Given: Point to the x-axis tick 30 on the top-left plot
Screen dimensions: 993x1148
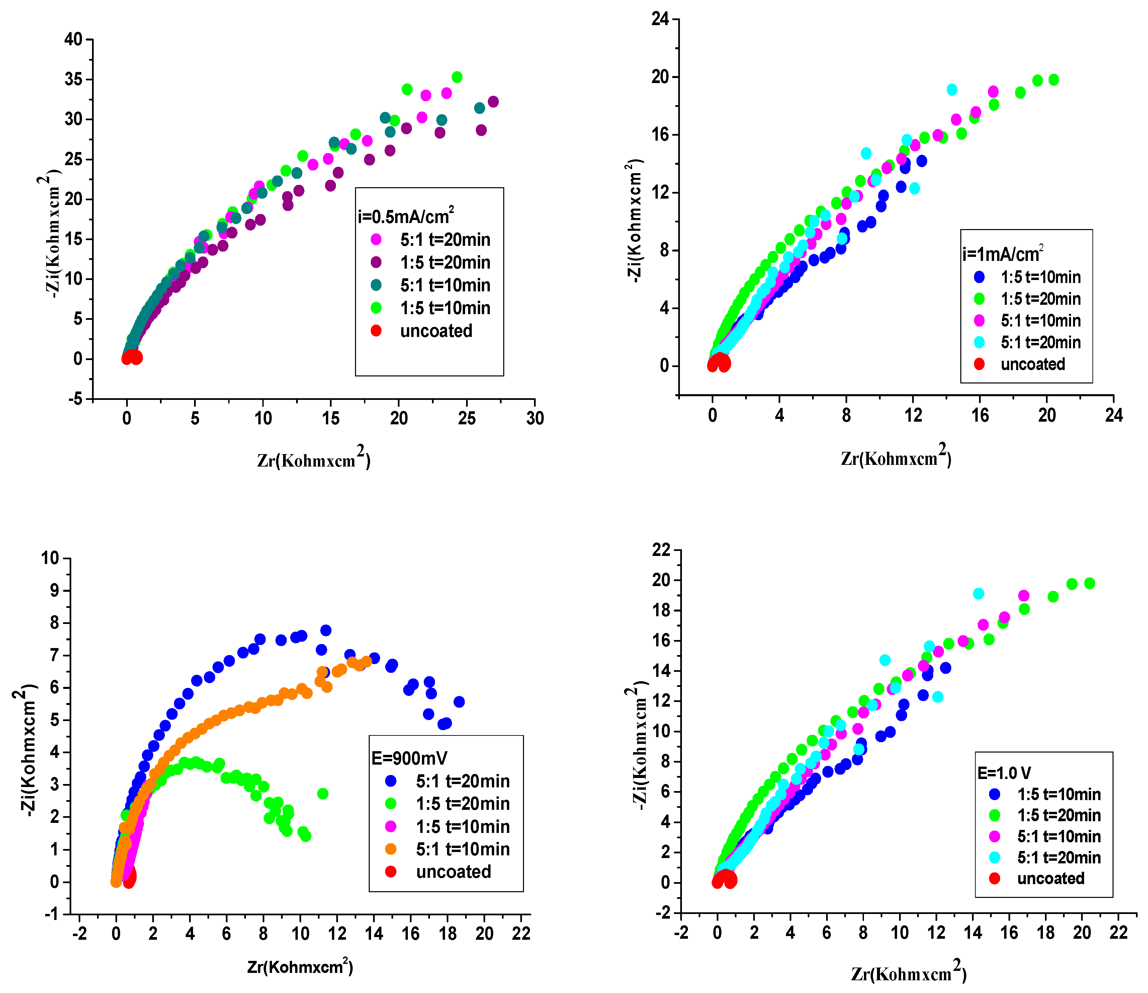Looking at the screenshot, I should (x=535, y=418).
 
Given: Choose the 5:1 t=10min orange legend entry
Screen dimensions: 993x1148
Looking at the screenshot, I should (x=461, y=849).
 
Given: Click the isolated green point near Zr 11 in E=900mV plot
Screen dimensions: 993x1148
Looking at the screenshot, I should (x=323, y=793).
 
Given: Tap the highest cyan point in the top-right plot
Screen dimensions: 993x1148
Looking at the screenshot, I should (x=952, y=90).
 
